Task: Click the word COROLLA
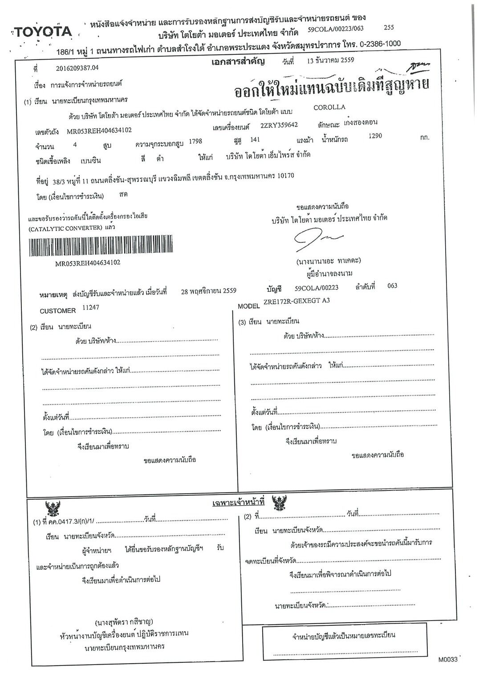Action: pos(329,107)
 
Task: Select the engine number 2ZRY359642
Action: pos(279,125)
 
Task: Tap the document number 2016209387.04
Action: pos(77,68)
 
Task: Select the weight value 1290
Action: pos(375,136)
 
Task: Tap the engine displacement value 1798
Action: pos(195,141)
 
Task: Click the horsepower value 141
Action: pos(255,140)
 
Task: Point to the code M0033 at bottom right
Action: pos(447,659)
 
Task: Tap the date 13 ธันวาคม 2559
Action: pos(330,61)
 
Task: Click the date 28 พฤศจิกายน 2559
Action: pos(209,291)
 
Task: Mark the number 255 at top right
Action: pos(389,27)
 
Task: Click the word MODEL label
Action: pos(249,307)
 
